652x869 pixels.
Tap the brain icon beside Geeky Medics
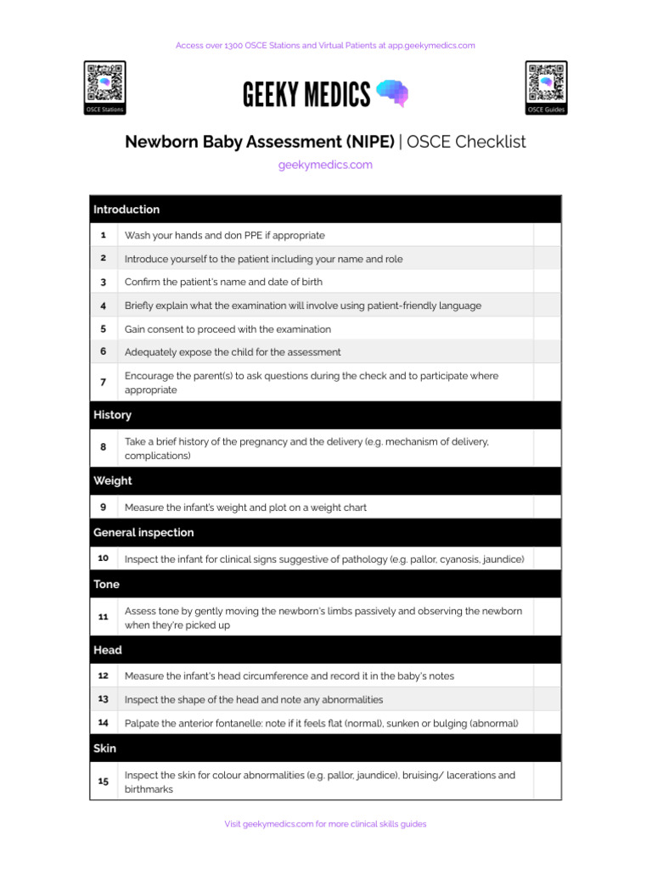[391, 93]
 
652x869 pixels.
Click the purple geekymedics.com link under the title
[325, 165]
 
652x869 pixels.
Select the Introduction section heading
[126, 210]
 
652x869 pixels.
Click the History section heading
[112, 415]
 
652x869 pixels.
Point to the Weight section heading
[113, 480]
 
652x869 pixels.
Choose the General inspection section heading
[143, 532]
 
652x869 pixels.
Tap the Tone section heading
[106, 584]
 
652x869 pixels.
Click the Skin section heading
[105, 748]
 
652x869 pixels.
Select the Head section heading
[108, 650]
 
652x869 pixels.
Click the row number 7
[103, 383]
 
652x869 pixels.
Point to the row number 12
[103, 676]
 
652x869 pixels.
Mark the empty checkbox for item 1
[547, 235]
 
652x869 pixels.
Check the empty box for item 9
[547, 507]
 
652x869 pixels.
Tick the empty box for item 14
[547, 723]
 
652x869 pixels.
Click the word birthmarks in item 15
[149, 789]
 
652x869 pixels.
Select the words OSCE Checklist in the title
[466, 142]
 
